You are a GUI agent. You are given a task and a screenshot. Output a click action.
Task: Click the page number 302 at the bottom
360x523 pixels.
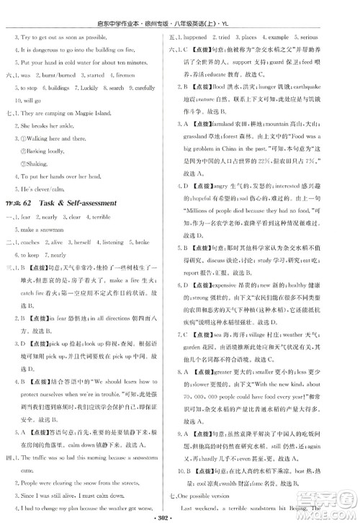point(180,515)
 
